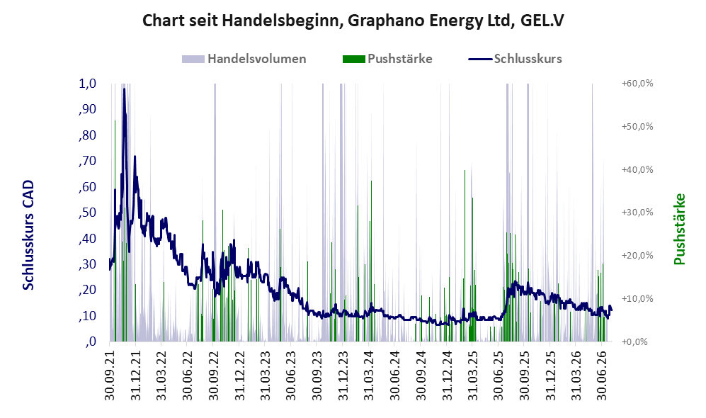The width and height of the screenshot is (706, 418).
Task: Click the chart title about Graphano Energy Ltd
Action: pos(353,21)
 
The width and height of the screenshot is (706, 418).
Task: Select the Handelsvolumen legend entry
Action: pos(244,59)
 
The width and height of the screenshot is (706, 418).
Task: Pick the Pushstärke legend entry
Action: pos(387,59)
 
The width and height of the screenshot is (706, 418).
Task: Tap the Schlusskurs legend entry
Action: pos(515,59)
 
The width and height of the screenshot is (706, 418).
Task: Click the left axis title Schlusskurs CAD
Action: pos(28,235)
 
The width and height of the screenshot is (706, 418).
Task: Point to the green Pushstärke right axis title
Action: pos(679,229)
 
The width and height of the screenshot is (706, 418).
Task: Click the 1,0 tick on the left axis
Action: pos(87,84)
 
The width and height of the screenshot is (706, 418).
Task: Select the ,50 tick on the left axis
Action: pos(87,213)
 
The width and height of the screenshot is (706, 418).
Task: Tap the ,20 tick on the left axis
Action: pos(87,290)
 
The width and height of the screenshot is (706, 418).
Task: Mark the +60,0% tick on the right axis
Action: pos(637,84)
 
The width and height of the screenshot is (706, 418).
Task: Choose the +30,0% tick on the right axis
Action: pos(637,212)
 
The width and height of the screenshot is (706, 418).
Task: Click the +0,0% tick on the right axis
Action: pos(635,341)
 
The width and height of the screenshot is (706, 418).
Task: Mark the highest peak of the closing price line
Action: pos(124,89)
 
